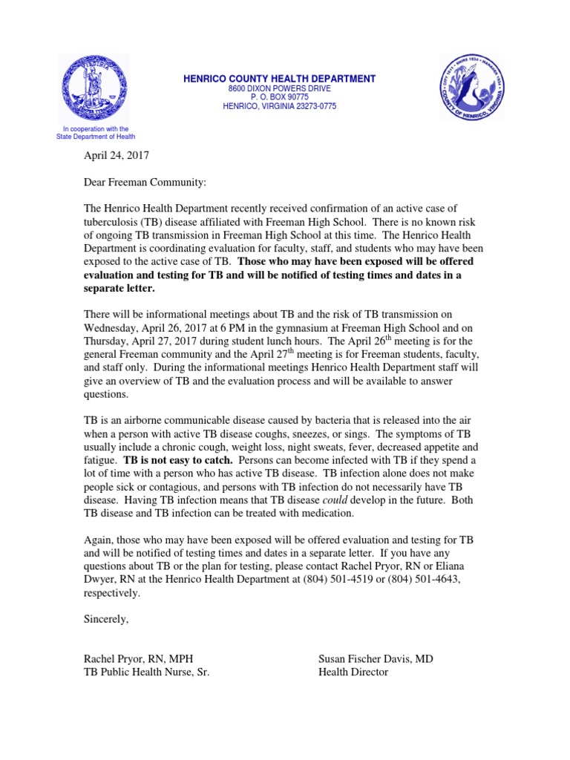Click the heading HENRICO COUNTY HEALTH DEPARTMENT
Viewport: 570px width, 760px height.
pos(280,79)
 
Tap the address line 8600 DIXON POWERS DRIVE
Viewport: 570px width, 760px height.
pos(280,88)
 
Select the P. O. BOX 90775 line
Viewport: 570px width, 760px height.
pos(280,97)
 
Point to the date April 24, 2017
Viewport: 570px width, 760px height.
pos(117,157)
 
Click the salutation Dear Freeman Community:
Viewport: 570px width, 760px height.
pos(145,183)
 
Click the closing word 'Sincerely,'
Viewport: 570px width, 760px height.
pos(106,619)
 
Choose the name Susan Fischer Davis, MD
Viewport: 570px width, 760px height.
pos(376,659)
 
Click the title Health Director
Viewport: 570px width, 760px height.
pos(353,672)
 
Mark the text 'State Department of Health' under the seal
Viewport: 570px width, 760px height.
pos(96,137)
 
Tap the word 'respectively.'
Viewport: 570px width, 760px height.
pos(111,593)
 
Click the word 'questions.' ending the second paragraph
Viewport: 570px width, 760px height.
pos(108,395)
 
